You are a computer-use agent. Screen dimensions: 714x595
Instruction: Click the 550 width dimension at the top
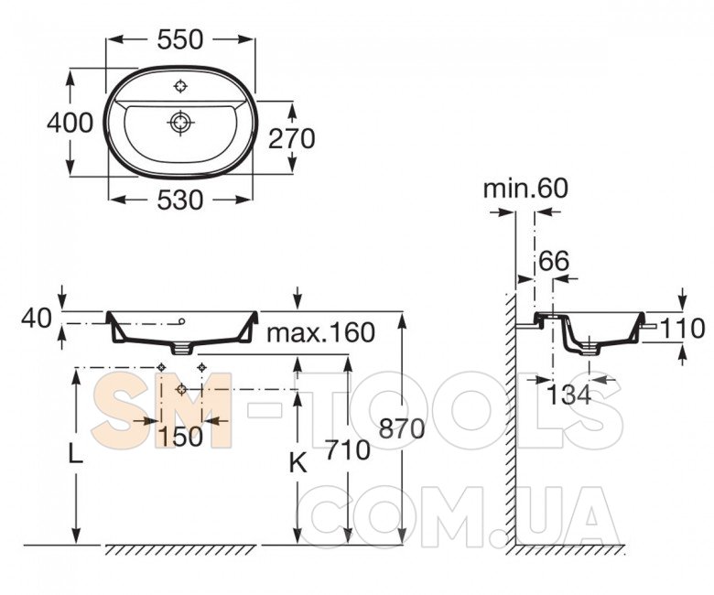[x=180, y=39]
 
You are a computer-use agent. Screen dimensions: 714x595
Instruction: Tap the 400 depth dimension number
[x=70, y=123]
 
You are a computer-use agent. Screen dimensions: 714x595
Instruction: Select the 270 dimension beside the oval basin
[x=291, y=138]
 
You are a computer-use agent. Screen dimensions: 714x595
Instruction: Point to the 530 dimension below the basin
[x=179, y=200]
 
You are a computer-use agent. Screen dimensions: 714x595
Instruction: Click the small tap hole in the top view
[x=181, y=85]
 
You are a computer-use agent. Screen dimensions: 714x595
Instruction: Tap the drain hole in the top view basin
[x=180, y=123]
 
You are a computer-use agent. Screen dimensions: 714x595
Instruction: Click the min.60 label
[x=525, y=188]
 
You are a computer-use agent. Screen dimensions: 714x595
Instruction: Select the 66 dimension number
[x=554, y=261]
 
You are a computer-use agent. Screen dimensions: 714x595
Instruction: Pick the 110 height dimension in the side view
[x=682, y=329]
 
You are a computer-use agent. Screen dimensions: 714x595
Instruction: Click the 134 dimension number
[x=568, y=395]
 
